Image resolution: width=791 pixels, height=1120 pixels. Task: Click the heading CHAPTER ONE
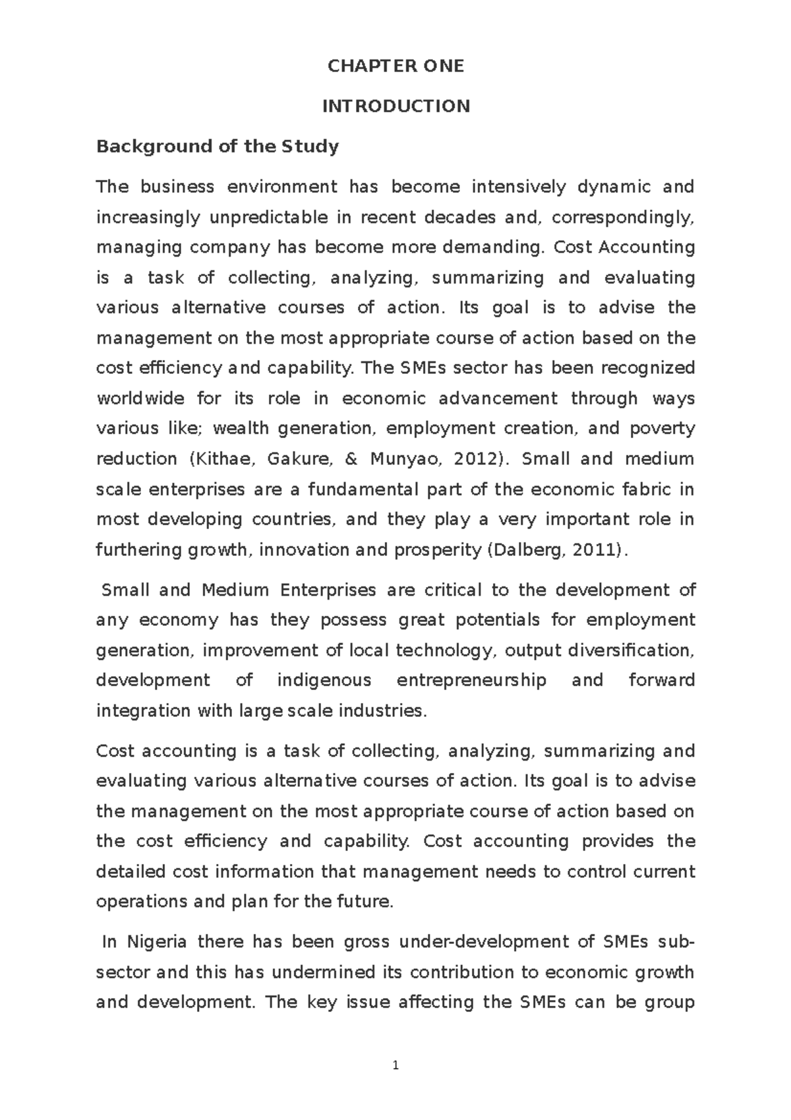click(395, 66)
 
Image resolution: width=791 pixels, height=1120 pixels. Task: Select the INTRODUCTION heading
click(395, 106)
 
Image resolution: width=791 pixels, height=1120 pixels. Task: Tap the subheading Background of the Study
click(217, 146)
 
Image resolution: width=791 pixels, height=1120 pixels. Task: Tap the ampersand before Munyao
click(350, 459)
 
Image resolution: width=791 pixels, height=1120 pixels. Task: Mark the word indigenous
click(324, 680)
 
